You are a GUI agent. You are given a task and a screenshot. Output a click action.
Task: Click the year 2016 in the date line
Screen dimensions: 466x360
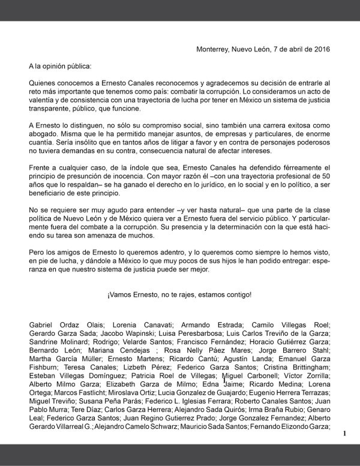point(320,49)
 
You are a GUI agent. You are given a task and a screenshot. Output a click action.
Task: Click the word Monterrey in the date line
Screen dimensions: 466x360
point(214,49)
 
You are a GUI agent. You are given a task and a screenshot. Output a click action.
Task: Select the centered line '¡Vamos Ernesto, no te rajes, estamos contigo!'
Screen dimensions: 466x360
point(179,295)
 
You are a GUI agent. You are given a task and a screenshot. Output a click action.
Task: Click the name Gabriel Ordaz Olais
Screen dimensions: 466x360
point(59,324)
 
